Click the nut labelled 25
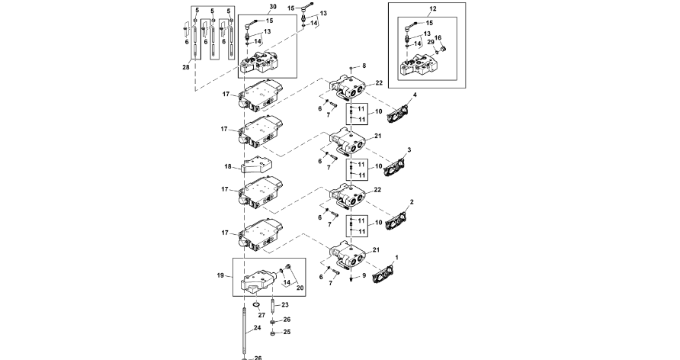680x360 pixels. (x=276, y=332)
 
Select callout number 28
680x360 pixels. (x=185, y=67)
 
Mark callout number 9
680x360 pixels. (x=364, y=275)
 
